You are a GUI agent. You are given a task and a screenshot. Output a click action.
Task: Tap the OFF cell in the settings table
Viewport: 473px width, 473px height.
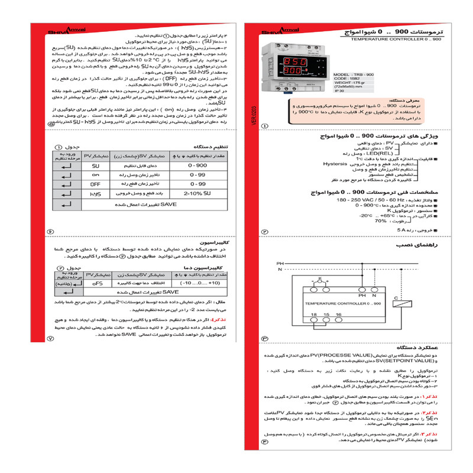pos(96,184)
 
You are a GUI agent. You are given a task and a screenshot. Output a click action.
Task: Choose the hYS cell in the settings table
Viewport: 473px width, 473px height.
pos(96,193)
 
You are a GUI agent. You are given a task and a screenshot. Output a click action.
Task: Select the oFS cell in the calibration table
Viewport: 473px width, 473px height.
pos(96,283)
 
